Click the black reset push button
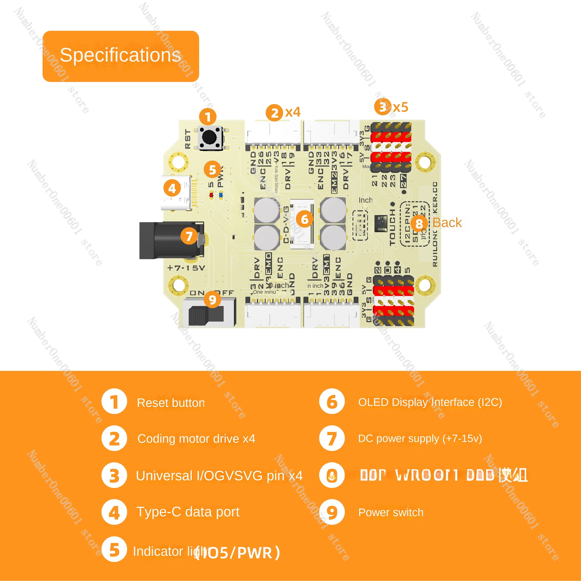point(210,137)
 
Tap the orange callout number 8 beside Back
point(419,223)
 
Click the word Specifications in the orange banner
point(120,55)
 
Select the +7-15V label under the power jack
point(186,268)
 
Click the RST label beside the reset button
point(188,139)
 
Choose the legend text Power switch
point(391,512)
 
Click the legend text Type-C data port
point(188,511)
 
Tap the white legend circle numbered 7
point(332,438)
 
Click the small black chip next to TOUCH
point(381,223)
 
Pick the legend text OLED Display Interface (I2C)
point(430,402)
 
